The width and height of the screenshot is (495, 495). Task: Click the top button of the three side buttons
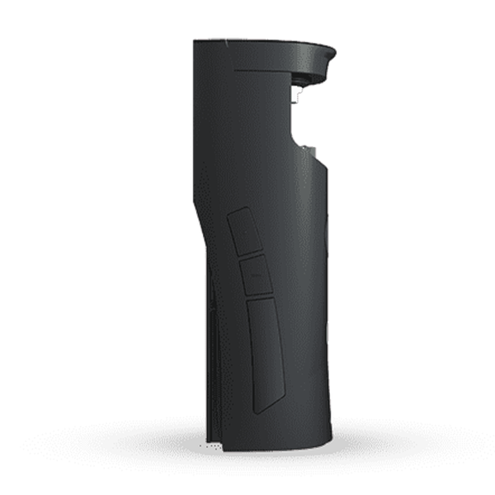click(x=245, y=231)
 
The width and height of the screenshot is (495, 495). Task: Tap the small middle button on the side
click(x=257, y=275)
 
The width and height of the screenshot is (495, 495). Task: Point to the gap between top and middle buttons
click(x=251, y=253)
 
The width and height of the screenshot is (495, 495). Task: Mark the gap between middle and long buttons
click(x=260, y=295)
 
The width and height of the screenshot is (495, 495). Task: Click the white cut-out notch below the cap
click(x=312, y=124)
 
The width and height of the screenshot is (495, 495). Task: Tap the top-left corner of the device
click(x=196, y=42)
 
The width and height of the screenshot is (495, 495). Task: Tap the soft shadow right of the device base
click(x=363, y=437)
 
